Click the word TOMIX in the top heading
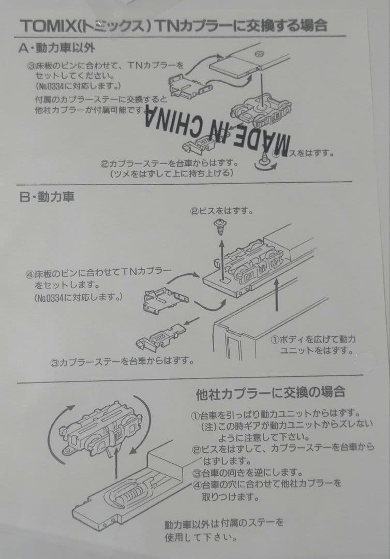(x=44, y=26)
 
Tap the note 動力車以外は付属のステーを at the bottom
(x=224, y=523)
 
